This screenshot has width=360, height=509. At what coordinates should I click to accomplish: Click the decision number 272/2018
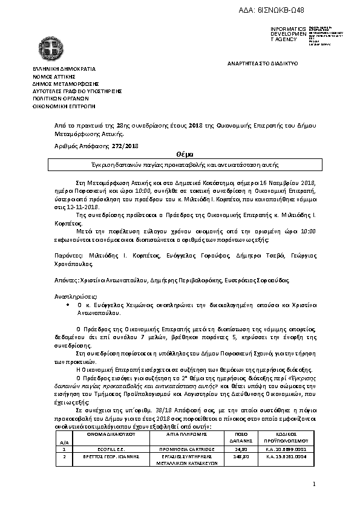126,146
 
